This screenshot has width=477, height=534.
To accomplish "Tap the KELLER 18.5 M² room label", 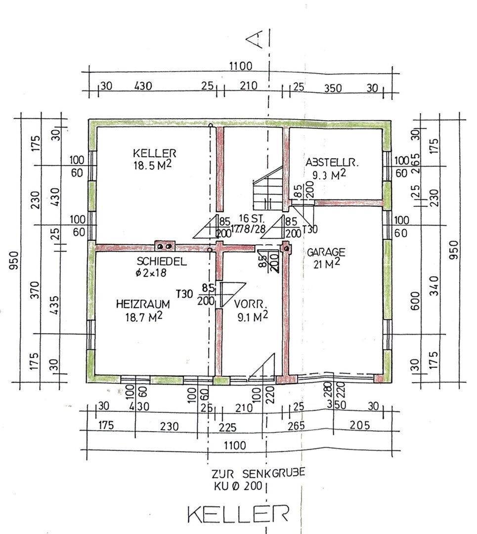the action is pos(154,159).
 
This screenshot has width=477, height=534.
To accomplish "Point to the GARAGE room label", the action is pos(326,252).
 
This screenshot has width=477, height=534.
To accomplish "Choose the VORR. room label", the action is pos(250,304).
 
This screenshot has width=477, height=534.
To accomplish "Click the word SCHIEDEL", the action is pos(162,261).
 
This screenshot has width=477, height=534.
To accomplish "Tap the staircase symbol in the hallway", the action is pos(268,189).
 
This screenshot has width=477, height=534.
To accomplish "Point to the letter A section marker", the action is pos(255,39).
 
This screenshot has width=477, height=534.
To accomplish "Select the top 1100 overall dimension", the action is pos(240,66).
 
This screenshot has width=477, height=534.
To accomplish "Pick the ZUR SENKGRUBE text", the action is pos(258,473).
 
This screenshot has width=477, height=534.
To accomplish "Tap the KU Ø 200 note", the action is pos(238,486).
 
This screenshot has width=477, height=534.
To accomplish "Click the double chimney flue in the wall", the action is pos(165,246).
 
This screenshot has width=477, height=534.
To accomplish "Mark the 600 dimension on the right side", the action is pos(415,301).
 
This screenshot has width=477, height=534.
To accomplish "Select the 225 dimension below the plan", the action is pos(227,427).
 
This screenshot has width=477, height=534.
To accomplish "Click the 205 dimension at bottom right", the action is pos(359,425).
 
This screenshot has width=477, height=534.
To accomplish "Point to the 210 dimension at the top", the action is pos(249,86).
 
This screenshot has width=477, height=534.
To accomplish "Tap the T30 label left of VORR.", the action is pos(184,294).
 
